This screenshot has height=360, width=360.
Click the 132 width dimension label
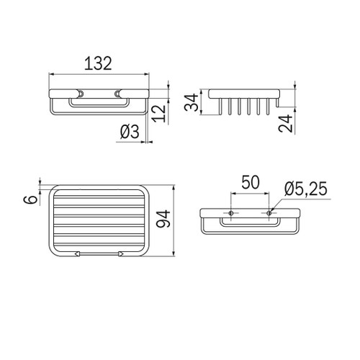[98, 63]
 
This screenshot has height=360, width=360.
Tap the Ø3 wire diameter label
[130, 132]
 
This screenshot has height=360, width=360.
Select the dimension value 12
[160, 114]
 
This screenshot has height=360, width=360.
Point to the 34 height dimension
[192, 102]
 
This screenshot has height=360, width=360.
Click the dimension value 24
[286, 124]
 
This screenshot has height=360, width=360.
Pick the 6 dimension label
[31, 199]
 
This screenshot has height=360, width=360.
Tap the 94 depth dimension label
[163, 219]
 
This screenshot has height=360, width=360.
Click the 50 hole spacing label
[251, 182]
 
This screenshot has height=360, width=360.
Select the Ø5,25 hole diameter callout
[306, 189]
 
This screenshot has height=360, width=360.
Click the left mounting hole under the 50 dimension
[231, 213]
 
